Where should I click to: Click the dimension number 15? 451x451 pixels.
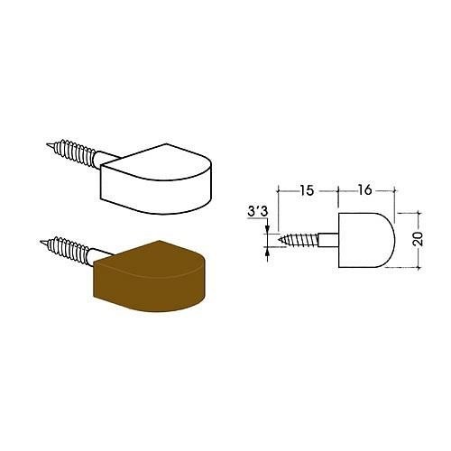click(x=307, y=190)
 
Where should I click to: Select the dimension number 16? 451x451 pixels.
click(x=364, y=190)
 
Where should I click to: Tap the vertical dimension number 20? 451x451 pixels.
click(x=418, y=239)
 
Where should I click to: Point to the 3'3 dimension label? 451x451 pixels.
click(x=257, y=211)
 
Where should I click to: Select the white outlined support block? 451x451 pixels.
click(x=156, y=179)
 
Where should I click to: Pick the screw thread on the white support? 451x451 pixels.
click(x=75, y=152)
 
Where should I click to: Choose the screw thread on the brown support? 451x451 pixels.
click(x=69, y=250)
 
